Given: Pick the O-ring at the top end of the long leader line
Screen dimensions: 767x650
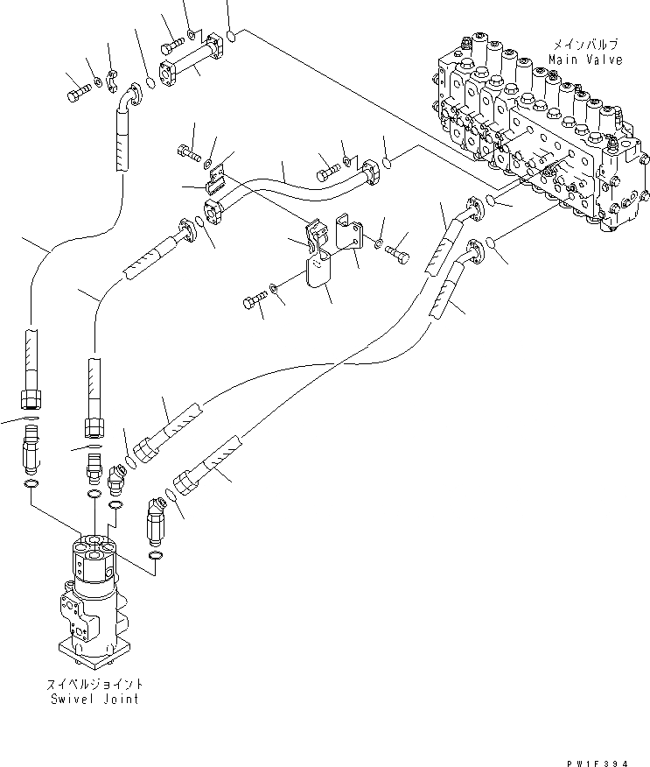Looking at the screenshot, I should coord(230,36).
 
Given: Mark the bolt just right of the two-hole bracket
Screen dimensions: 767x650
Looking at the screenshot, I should coord(399,249).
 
